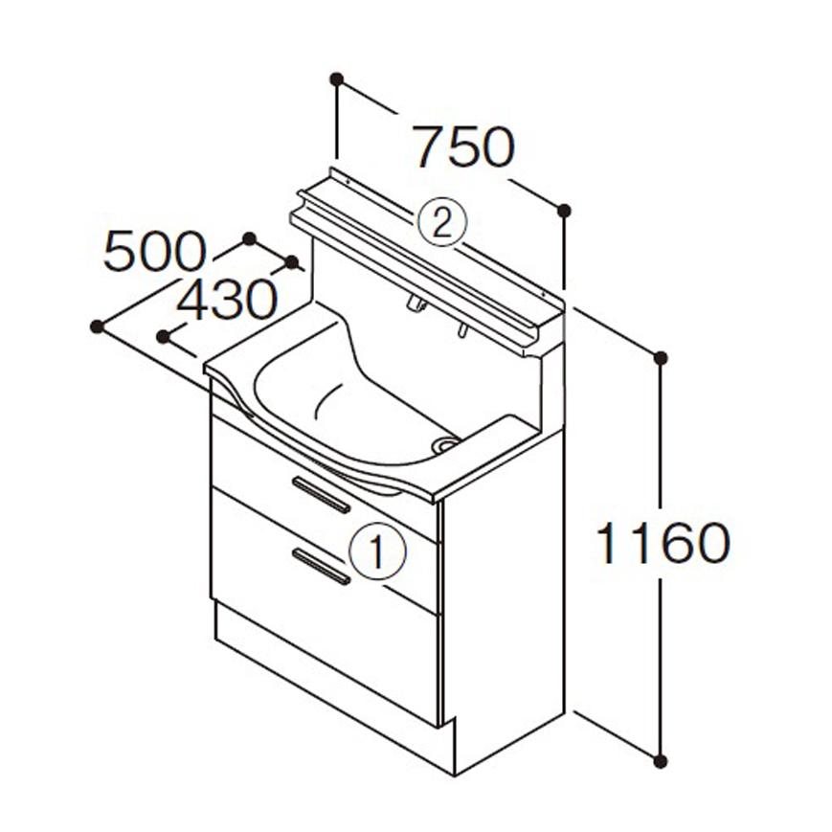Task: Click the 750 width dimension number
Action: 464,147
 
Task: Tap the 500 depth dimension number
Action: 154,253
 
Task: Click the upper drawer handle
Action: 322,493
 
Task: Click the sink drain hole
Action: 445,444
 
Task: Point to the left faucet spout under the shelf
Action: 416,305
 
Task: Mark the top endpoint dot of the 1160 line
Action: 660,358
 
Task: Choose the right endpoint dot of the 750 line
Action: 564,210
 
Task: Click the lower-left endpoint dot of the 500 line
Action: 97,326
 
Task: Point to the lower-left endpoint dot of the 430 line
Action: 164,336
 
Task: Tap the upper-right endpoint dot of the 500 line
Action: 250,237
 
